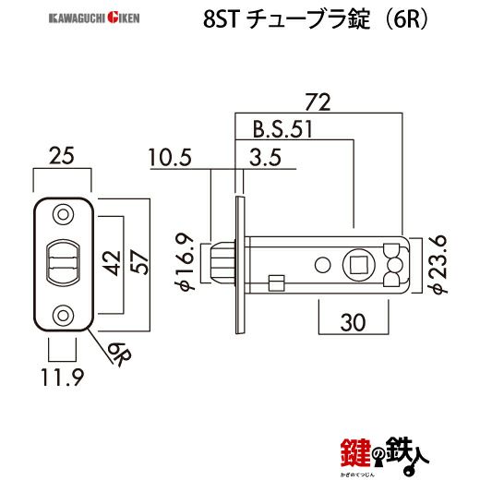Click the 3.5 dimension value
click(266, 160)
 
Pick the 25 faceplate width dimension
click(63, 157)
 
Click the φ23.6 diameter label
click(440, 263)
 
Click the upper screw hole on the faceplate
click(63, 214)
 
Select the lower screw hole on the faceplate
click(63, 314)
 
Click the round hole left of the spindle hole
click(321, 265)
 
